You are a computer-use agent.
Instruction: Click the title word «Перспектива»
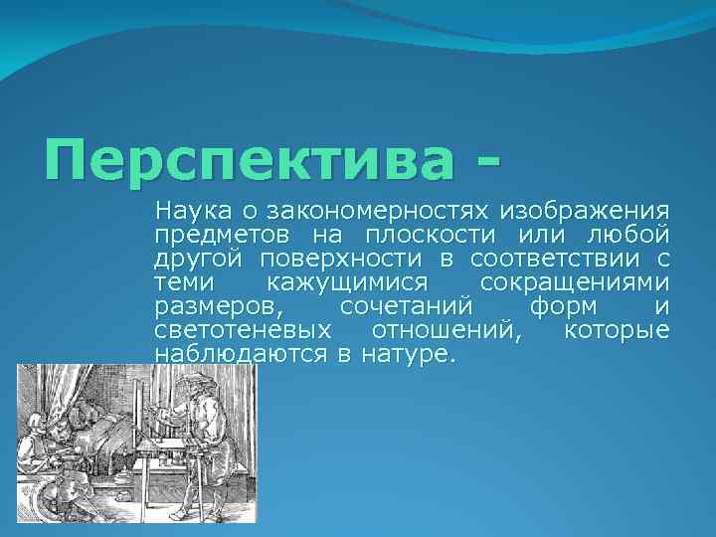click(250, 160)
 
